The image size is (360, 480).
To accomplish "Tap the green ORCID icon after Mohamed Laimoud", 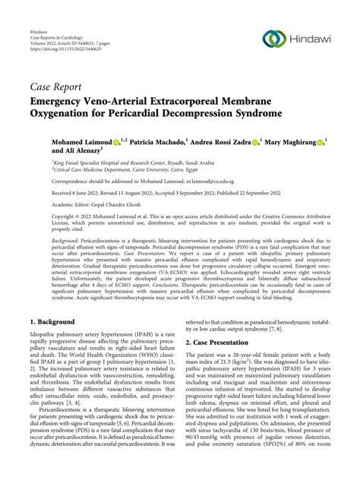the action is (x=118, y=142).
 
